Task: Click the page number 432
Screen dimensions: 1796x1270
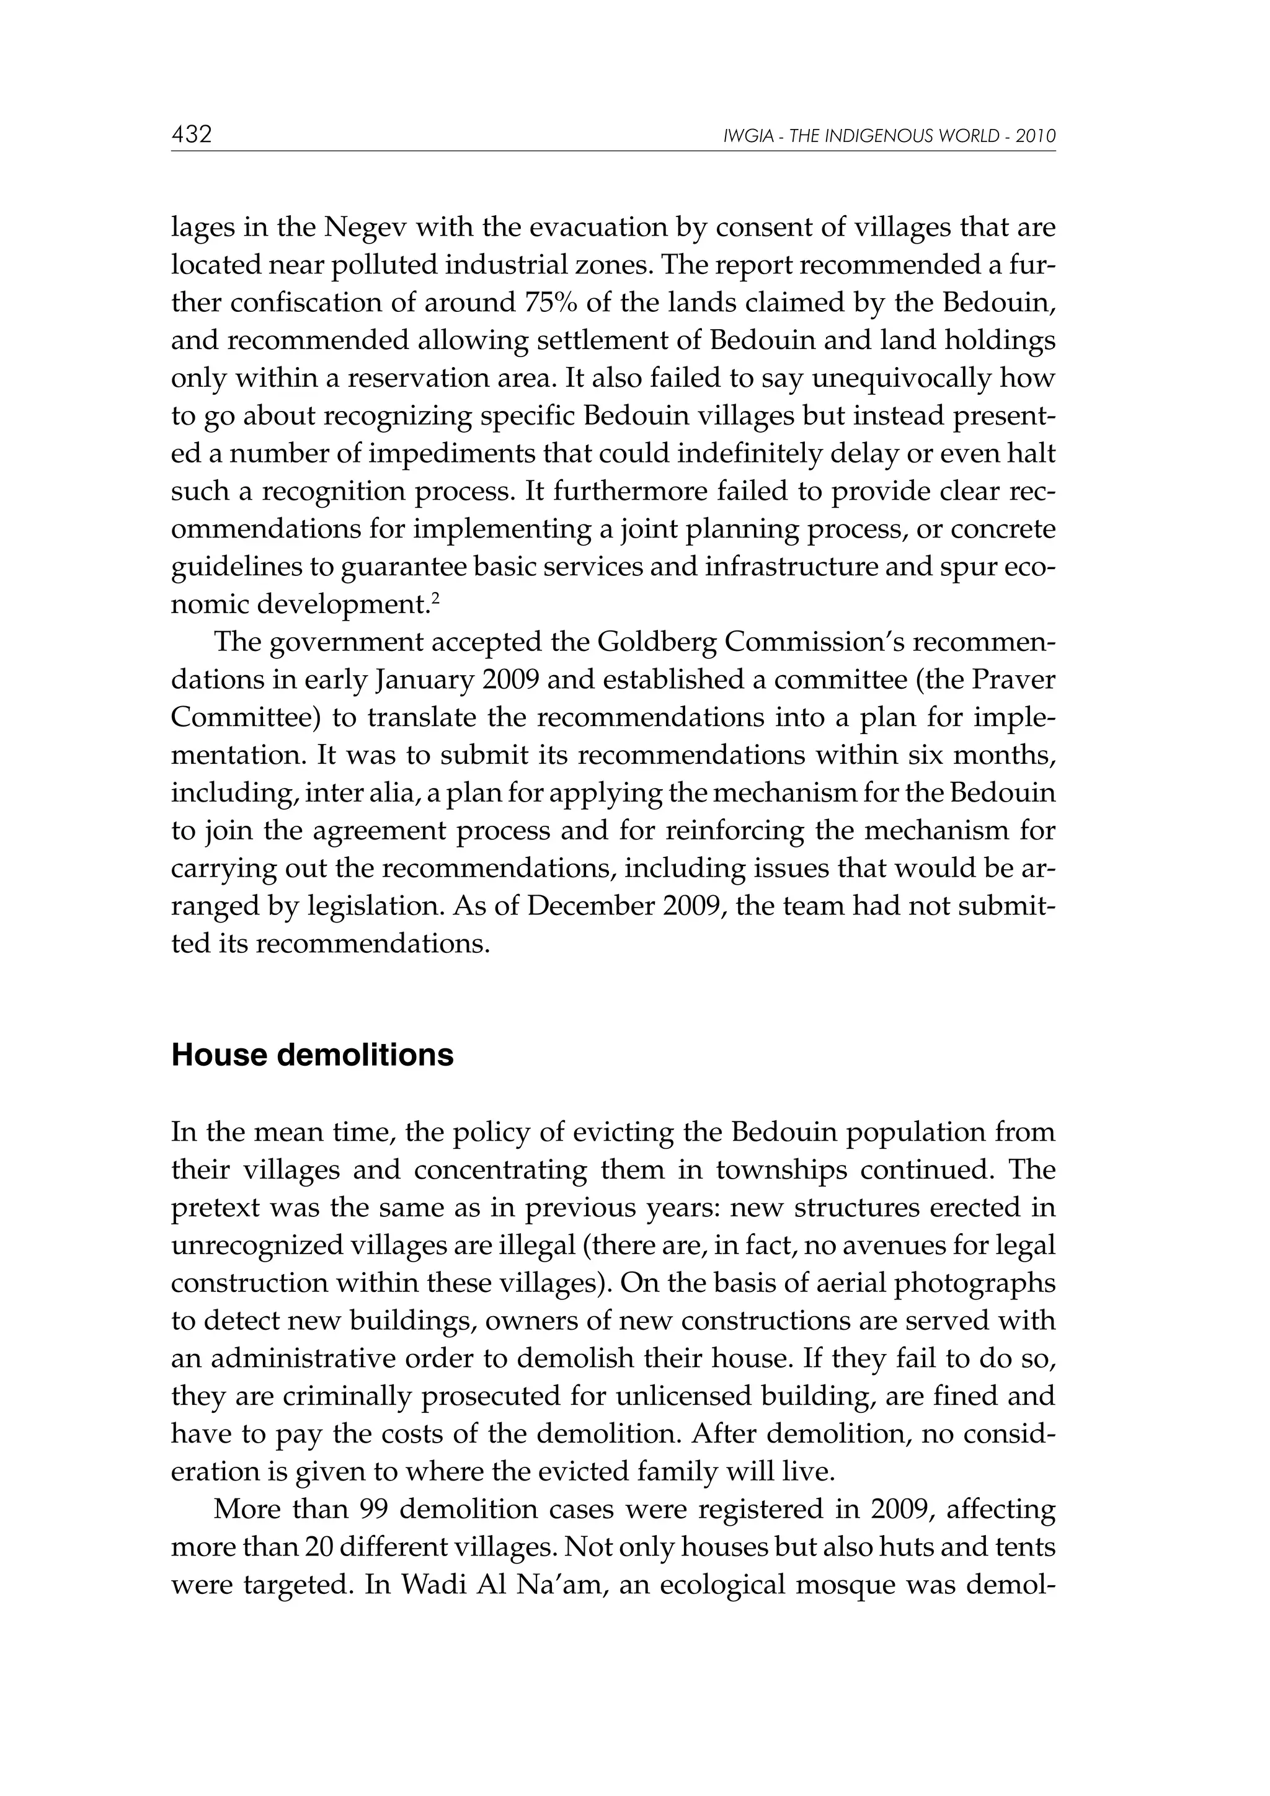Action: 192,135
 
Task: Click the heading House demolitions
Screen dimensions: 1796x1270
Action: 312,1055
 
